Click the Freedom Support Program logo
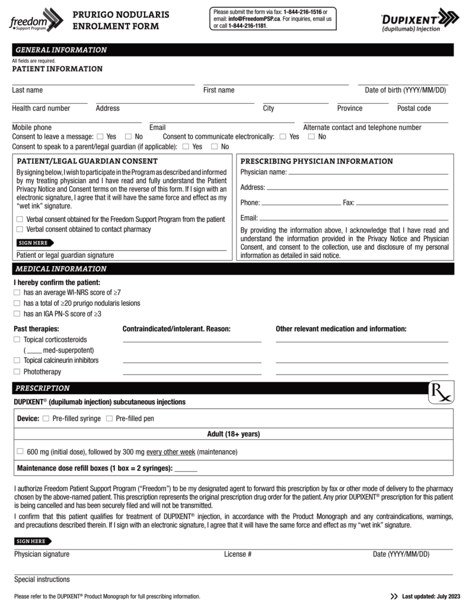[36, 20]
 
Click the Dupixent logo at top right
[419, 20]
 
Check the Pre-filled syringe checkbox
[46, 418]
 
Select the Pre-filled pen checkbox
[109, 418]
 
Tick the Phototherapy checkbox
[17, 372]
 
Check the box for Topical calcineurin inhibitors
[17, 360]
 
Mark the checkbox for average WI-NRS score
[17, 292]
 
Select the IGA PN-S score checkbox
[17, 314]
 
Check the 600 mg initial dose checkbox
[20, 452]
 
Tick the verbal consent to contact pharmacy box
[20, 229]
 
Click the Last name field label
[27, 90]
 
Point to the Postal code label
[414, 108]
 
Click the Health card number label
[41, 108]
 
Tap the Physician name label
[263, 172]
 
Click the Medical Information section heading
[61, 269]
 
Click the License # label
[238, 554]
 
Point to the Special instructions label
[42, 579]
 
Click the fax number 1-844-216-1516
[302, 12]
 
